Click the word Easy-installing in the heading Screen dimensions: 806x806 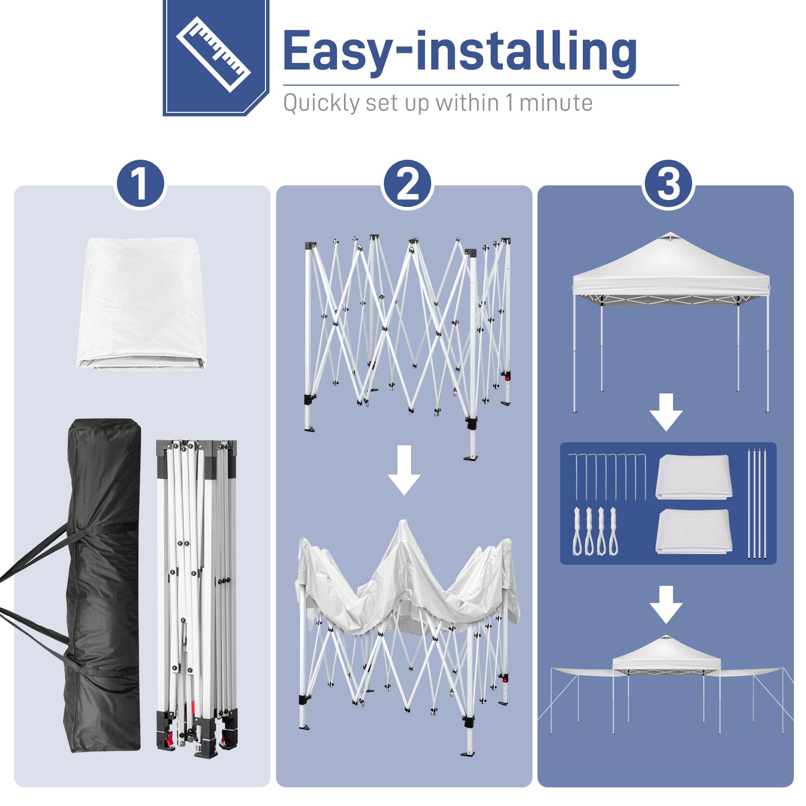click(460, 51)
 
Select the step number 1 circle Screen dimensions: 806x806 click(141, 184)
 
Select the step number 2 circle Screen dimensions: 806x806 click(407, 184)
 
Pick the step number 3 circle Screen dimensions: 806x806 click(668, 184)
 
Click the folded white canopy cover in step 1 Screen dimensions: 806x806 click(142, 304)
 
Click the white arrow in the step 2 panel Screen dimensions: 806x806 click(405, 470)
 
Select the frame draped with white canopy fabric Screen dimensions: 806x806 click(407, 637)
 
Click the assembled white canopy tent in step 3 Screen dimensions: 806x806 click(671, 322)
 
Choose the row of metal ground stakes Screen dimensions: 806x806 click(607, 477)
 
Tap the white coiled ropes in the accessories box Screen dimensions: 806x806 click(595, 531)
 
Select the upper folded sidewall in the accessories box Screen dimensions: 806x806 click(694, 477)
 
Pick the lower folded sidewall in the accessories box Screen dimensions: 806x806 click(694, 531)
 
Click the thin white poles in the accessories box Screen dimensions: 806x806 click(757, 503)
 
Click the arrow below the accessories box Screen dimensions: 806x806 click(666, 604)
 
